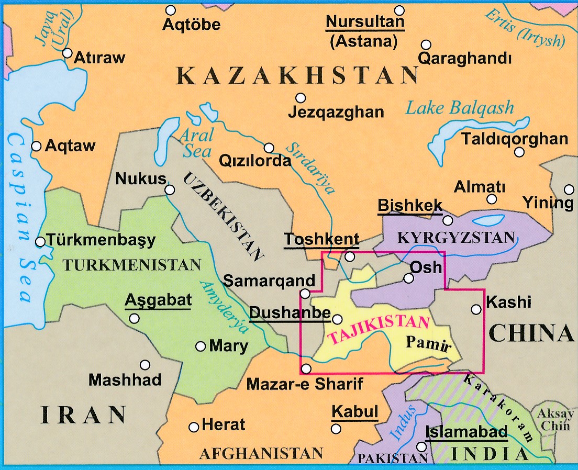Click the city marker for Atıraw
67,53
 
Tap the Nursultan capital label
365,23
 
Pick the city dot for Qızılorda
269,148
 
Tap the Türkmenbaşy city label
101,240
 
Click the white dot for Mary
201,346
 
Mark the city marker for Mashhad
145,365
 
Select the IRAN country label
84,415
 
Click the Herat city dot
194,427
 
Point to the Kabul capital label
355,412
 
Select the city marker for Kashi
476,309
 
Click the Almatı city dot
492,199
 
